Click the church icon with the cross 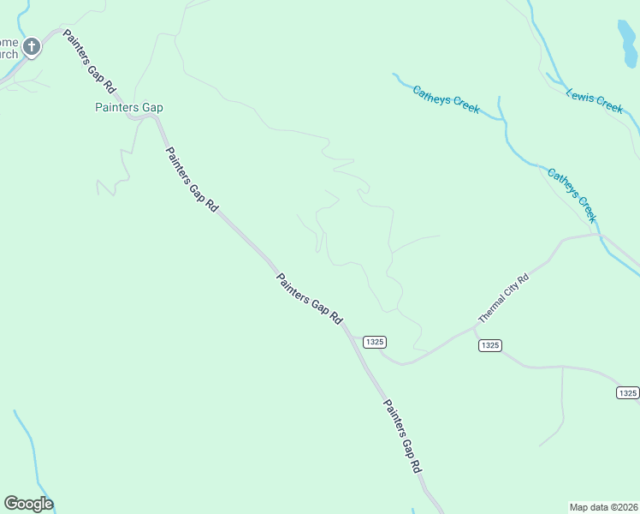(x=32, y=47)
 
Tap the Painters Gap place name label (x=128, y=108)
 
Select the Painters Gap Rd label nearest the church (x=89, y=68)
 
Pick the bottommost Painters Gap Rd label (x=402, y=437)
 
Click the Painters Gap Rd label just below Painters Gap (x=193, y=180)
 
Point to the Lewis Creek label (x=595, y=99)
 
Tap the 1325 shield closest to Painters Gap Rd (x=374, y=341)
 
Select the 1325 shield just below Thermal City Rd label (x=489, y=345)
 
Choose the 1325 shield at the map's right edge (x=627, y=392)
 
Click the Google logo (x=28, y=504)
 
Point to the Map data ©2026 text (x=603, y=506)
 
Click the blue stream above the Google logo (x=27, y=445)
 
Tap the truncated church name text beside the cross (x=9, y=48)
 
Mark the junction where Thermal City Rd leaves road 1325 (x=475, y=327)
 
